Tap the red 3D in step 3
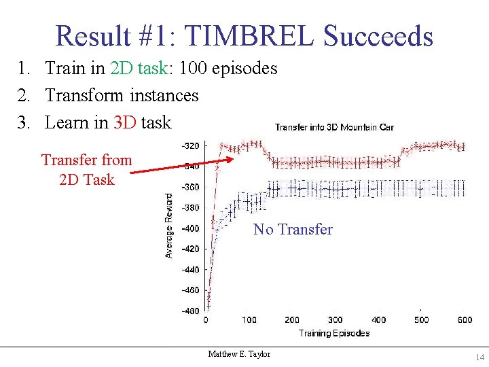pyautogui.click(x=126, y=122)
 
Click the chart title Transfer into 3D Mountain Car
pyautogui.click(x=334, y=127)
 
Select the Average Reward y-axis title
pyautogui.click(x=169, y=224)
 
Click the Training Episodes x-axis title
pyautogui.click(x=333, y=333)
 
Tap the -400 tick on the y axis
pyautogui.click(x=190, y=228)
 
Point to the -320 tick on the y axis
pyautogui.click(x=190, y=145)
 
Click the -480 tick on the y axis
pyautogui.click(x=190, y=311)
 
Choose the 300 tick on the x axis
pyautogui.click(x=335, y=320)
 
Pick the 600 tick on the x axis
pyautogui.click(x=465, y=320)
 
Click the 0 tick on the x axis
pyautogui.click(x=206, y=320)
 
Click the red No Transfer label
pyautogui.click(x=293, y=230)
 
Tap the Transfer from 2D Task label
pyautogui.click(x=86, y=170)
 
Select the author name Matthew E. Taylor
pyautogui.click(x=239, y=354)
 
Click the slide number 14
pyautogui.click(x=480, y=357)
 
